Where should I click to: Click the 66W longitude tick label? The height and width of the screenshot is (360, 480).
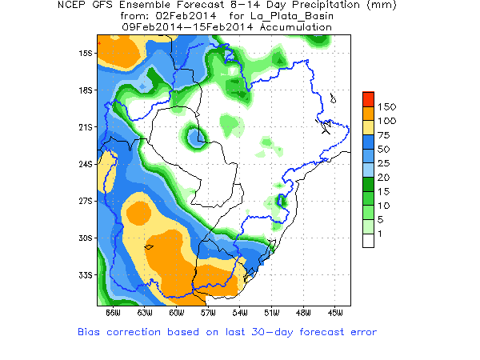point(113,312)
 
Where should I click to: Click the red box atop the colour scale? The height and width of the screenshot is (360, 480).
point(368,98)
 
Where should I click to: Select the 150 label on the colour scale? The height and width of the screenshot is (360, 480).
point(387,106)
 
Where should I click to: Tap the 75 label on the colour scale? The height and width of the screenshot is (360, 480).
point(384,134)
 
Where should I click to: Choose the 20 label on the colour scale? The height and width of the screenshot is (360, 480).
point(384,176)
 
